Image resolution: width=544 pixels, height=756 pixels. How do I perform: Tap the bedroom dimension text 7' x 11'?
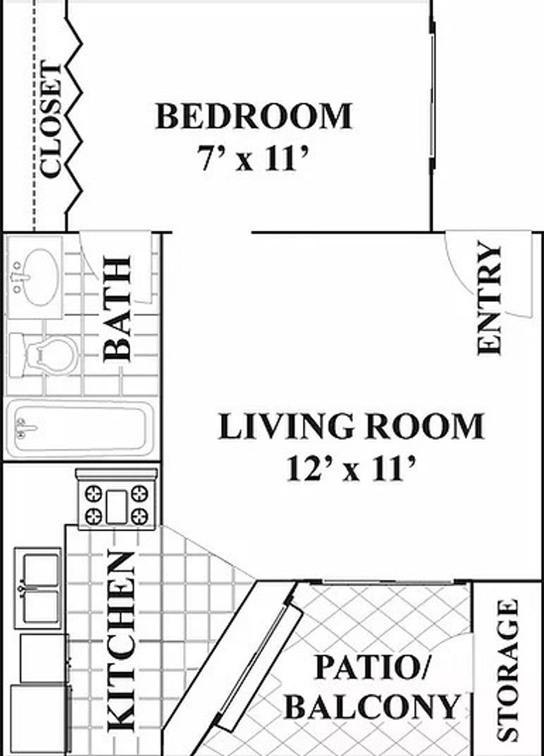pos(252,158)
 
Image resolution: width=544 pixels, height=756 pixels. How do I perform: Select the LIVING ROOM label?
pos(351,426)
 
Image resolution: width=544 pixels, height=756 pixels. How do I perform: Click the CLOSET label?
pos(51,118)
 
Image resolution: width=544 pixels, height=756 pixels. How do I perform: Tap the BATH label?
pos(117,309)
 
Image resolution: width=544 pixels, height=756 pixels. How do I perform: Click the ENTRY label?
pos(489,298)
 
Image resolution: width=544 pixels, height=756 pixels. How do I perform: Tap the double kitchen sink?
pos(38,588)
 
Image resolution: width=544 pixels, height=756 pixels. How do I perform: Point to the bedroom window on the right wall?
pos(432,94)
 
